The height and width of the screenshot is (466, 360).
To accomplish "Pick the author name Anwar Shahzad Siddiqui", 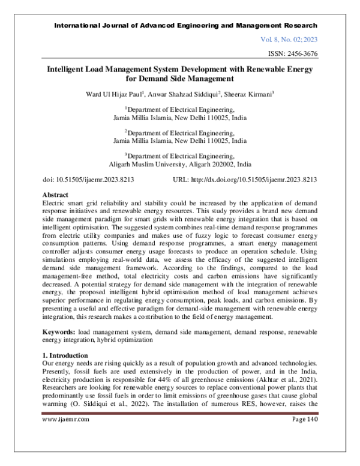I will click(182, 94).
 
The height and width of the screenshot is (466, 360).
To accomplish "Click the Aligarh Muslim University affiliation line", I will click(180, 163).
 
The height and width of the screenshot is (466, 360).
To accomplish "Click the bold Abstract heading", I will click(57, 195).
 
